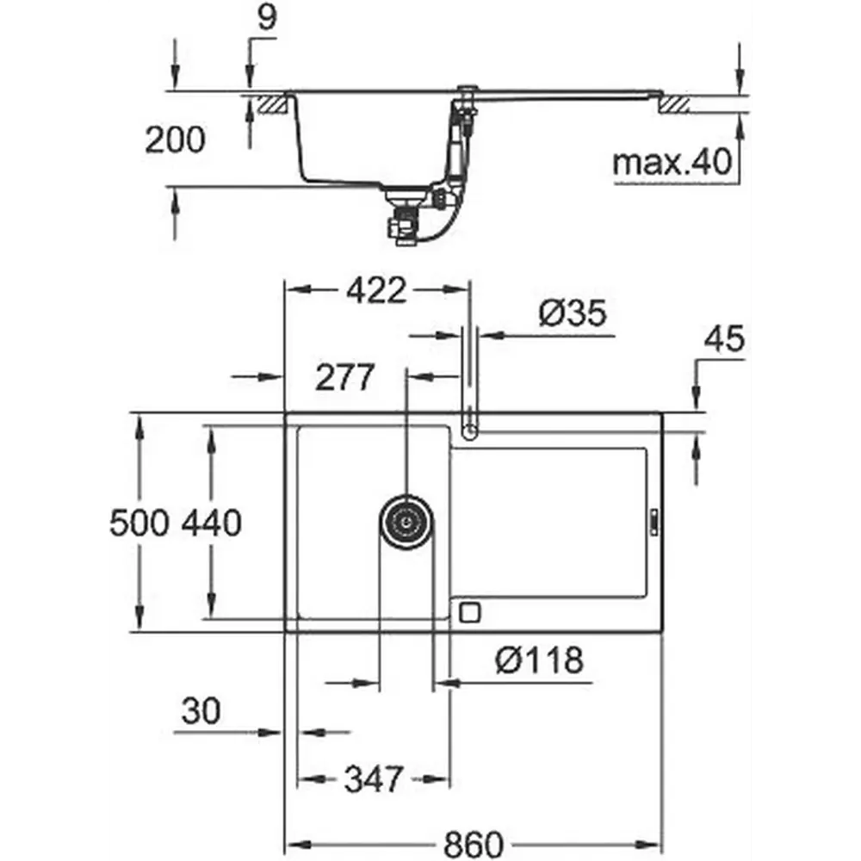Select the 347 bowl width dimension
coord(374,778)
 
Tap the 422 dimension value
coord(377,290)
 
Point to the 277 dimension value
coord(345,377)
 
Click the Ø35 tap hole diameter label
coord(573,313)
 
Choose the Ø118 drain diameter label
coord(539,660)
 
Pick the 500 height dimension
coord(139,523)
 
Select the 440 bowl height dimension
coord(212,523)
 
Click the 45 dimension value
coord(725,338)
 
